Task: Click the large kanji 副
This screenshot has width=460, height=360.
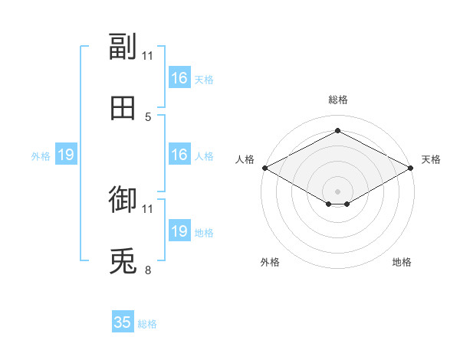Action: pos(123,47)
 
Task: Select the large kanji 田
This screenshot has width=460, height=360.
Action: pos(123,108)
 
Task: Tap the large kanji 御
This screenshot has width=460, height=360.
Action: pos(123,199)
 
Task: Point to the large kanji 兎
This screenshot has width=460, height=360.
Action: pos(123,260)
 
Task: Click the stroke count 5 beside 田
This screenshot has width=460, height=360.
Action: pos(148,117)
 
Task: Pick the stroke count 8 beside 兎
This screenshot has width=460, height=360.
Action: pos(148,270)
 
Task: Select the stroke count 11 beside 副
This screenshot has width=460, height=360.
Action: pos(147,56)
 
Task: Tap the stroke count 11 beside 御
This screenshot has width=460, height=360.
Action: pos(147,209)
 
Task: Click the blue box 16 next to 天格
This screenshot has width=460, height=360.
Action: pos(179,77)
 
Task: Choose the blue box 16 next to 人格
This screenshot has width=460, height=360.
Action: pos(179,154)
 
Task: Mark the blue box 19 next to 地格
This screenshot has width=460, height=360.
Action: pos(179,230)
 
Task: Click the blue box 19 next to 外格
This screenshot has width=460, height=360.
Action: pos(66,154)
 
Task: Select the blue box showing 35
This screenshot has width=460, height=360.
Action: pos(123,321)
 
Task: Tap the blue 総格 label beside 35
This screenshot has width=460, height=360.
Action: pos(147,324)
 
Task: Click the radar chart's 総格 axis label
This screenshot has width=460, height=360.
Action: pos(338,100)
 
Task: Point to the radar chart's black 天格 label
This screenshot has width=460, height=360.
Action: pos(431,159)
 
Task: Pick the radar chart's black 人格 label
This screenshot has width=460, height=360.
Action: pos(245,159)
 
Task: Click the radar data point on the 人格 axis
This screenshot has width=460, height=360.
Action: pos(265,168)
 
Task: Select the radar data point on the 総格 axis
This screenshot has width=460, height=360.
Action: pos(337,130)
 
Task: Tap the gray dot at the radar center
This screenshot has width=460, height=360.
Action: pos(337,191)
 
